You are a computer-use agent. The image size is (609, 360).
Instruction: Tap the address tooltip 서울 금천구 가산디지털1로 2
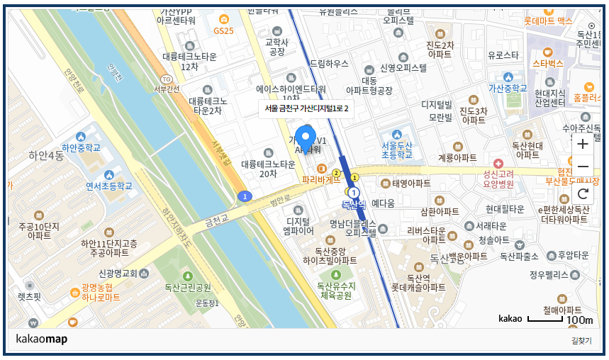coord(306,108)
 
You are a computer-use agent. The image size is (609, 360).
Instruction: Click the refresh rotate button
coord(583,193)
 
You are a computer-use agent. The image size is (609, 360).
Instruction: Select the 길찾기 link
coord(581,341)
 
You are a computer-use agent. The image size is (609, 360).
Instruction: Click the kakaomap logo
coord(41,339)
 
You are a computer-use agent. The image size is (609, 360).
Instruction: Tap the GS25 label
coord(223,31)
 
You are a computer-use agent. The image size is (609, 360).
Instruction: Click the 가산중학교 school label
coord(498,89)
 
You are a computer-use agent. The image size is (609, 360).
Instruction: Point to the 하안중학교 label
coord(81,147)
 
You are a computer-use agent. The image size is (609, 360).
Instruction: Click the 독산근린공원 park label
coord(188,288)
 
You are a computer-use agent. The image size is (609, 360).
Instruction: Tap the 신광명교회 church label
coord(118,274)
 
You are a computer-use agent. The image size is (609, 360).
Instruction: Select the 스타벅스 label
coord(547,63)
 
